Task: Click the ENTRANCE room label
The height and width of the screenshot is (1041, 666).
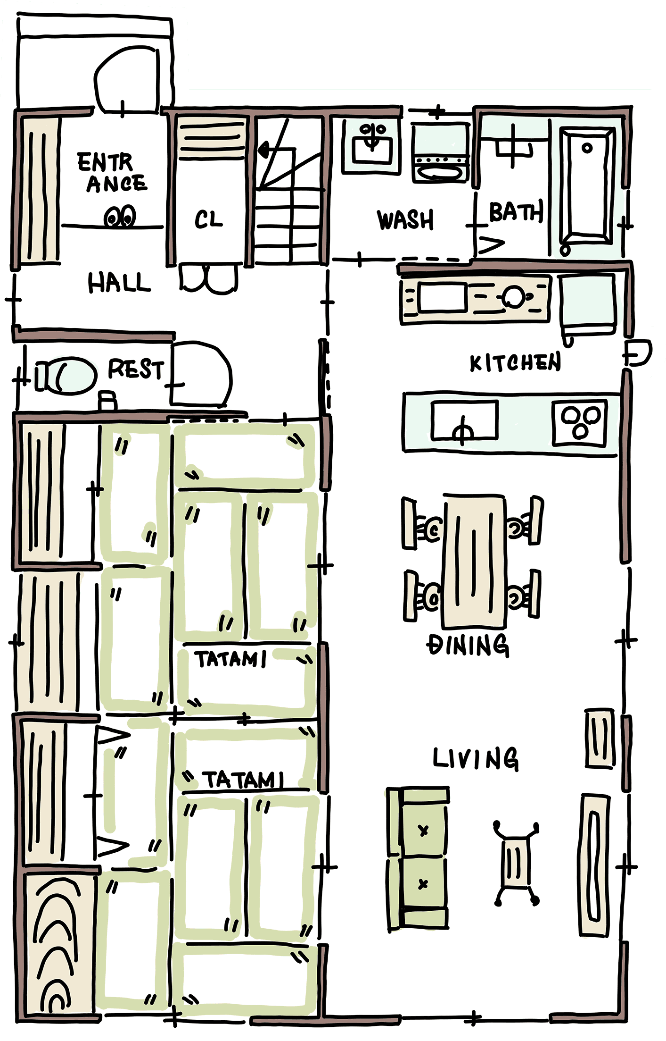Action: point(112,173)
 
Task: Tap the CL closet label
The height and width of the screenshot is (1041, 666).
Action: point(208,220)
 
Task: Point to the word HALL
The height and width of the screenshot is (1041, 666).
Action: point(119,283)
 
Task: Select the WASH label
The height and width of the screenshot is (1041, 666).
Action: point(405,220)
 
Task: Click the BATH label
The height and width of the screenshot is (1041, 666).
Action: point(517,212)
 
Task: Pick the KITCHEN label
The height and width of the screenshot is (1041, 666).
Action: point(515,362)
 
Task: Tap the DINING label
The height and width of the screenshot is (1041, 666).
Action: point(468,645)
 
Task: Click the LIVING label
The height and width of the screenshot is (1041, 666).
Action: point(476,759)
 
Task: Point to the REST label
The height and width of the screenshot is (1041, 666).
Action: point(136,369)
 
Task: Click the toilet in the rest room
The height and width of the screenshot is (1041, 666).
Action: point(66,375)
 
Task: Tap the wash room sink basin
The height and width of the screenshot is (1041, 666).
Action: point(372,144)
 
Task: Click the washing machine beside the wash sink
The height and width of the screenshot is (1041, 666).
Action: point(440,152)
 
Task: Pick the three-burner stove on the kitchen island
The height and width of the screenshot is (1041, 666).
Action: point(579,422)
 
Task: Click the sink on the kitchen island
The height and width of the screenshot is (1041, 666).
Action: point(464,420)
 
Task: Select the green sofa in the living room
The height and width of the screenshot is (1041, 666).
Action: point(417,860)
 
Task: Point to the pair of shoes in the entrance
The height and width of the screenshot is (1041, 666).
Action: point(120,217)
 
